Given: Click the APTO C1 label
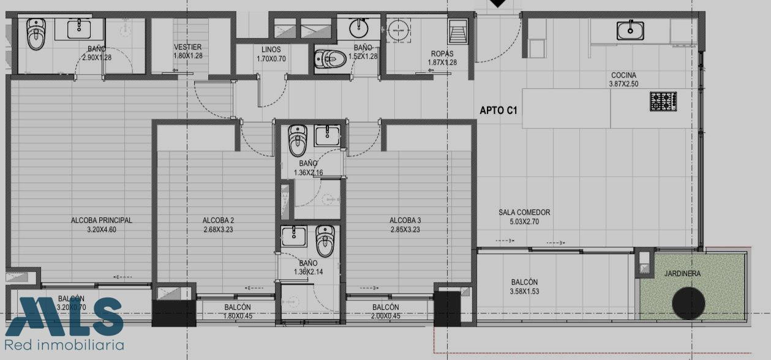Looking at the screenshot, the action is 498,110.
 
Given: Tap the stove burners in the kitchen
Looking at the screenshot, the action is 663,101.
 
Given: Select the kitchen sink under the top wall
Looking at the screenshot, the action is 630,30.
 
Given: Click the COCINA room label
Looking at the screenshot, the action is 623,75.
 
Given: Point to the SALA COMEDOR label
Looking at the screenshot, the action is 524,212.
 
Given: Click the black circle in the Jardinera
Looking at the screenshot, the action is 688,303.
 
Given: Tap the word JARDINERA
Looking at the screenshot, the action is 682,274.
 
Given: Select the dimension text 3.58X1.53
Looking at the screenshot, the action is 524,291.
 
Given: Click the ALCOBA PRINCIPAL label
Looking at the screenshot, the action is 101,220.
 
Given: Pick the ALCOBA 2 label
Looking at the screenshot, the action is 218,220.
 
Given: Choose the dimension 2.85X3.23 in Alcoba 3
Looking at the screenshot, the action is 405,230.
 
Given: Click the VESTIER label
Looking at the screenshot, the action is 187,47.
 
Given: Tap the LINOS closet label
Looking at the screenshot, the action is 271,50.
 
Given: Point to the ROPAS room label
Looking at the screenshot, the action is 442,54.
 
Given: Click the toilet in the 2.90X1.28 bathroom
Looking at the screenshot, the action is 36,34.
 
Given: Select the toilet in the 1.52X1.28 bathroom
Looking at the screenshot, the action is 331,59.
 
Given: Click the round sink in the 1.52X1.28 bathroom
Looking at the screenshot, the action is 359,28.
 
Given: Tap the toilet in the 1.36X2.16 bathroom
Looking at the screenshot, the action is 298,140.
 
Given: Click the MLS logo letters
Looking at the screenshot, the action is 64,317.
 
